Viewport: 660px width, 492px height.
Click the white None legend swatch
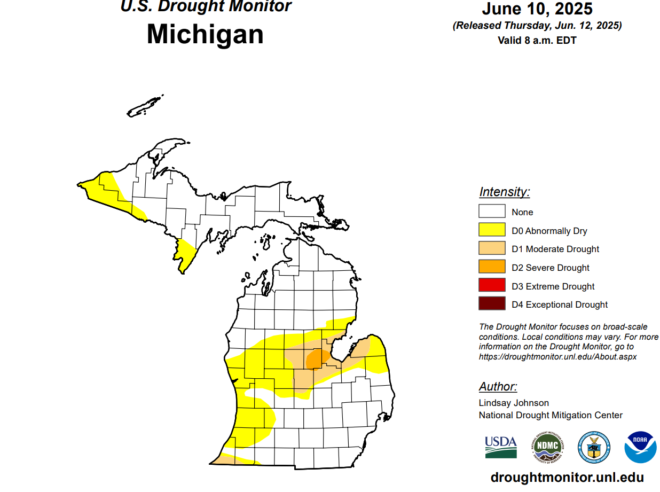click(492, 212)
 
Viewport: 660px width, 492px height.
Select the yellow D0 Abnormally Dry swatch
click(492, 230)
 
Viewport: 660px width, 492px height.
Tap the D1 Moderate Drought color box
click(492, 248)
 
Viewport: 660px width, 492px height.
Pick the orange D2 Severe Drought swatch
click(492, 267)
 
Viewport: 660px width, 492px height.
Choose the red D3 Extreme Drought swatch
click(492, 286)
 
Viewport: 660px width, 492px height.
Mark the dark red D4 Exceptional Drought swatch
click(492, 304)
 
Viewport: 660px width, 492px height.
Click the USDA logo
click(500, 447)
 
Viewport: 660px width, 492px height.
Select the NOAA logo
click(640, 447)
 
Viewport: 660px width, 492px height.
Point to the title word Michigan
click(205, 34)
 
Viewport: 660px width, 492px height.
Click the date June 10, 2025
click(537, 9)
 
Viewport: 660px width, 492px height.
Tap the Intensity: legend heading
click(504, 192)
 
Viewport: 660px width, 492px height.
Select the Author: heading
click(498, 387)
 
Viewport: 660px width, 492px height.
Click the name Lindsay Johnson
click(514, 403)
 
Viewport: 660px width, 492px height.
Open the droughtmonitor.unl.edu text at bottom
click(567, 477)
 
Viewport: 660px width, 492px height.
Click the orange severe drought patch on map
click(317, 358)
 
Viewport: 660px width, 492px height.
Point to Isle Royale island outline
click(145, 106)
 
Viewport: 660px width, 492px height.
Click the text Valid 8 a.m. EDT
click(537, 40)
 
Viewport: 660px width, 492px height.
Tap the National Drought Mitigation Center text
click(551, 415)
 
